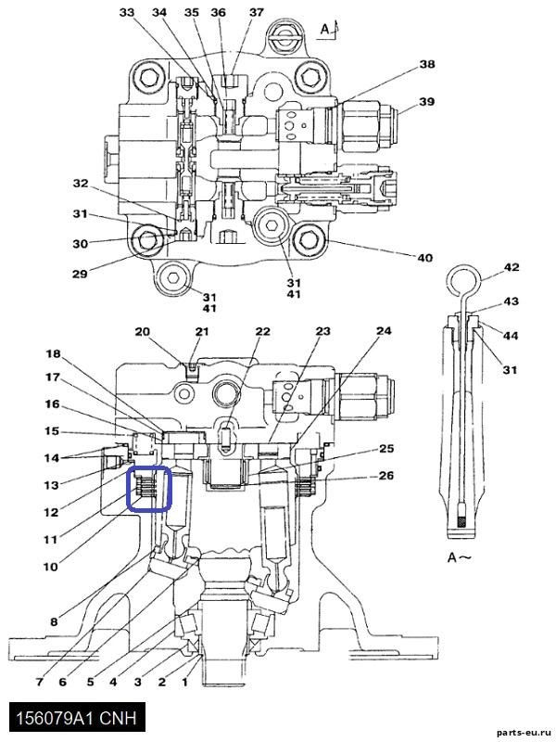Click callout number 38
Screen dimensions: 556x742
coord(427,64)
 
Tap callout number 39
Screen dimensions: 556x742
coord(427,102)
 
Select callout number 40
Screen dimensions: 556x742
coord(425,258)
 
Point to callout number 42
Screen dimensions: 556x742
coord(512,267)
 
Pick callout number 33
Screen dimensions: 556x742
coord(127,13)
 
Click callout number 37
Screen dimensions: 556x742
coord(256,12)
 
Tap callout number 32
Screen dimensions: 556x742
coord(81,183)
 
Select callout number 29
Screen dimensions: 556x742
coord(80,274)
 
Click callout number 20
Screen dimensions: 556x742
coord(143,332)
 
